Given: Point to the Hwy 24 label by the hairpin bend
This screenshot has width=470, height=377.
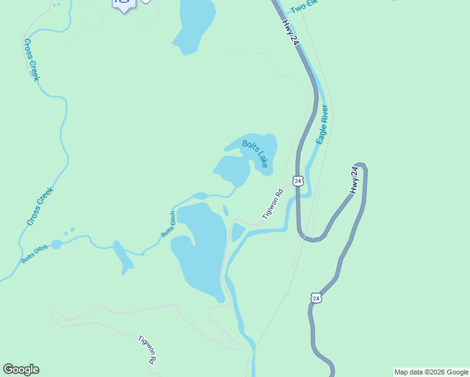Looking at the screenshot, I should [356, 180].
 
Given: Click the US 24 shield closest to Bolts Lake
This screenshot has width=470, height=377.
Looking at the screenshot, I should [298, 181].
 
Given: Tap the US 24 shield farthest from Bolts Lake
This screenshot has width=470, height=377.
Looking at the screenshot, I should [315, 297].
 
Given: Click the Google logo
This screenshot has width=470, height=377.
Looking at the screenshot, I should [21, 369].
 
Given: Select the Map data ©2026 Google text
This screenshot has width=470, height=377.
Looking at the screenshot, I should [432, 372].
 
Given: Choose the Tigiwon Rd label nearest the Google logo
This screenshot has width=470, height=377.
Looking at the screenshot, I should [147, 350].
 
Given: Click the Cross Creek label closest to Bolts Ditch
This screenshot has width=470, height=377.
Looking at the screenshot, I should [40, 206].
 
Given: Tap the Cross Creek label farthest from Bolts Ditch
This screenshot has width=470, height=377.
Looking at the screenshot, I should [32, 60].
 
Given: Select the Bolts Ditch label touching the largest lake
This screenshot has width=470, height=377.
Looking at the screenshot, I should [168, 224].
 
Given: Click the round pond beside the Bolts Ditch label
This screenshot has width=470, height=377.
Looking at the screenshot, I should [57, 244].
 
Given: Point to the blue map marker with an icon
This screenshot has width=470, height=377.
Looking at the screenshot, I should [124, 4].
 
